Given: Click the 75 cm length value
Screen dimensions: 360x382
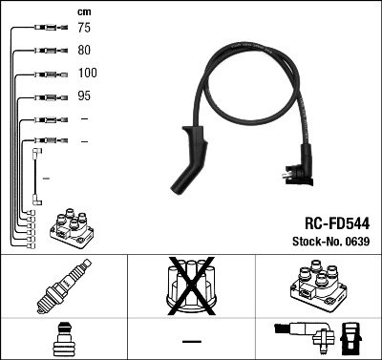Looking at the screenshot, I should coord(84,29).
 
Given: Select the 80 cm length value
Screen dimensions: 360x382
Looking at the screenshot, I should coord(84,51).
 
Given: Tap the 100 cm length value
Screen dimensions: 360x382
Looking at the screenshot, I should coord(87,73).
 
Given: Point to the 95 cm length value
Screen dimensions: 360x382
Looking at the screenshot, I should coord(84,95).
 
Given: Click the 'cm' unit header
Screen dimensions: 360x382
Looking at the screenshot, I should coord(83,11).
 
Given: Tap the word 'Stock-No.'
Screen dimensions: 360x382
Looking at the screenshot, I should coord(314,241).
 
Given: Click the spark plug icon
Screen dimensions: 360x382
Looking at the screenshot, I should coord(63,288).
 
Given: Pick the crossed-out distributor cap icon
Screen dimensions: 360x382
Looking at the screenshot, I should coord(191,286).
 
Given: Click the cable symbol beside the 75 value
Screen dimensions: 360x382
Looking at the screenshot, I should coord(44,29).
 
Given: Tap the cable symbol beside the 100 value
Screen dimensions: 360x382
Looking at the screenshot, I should coord(44,74).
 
